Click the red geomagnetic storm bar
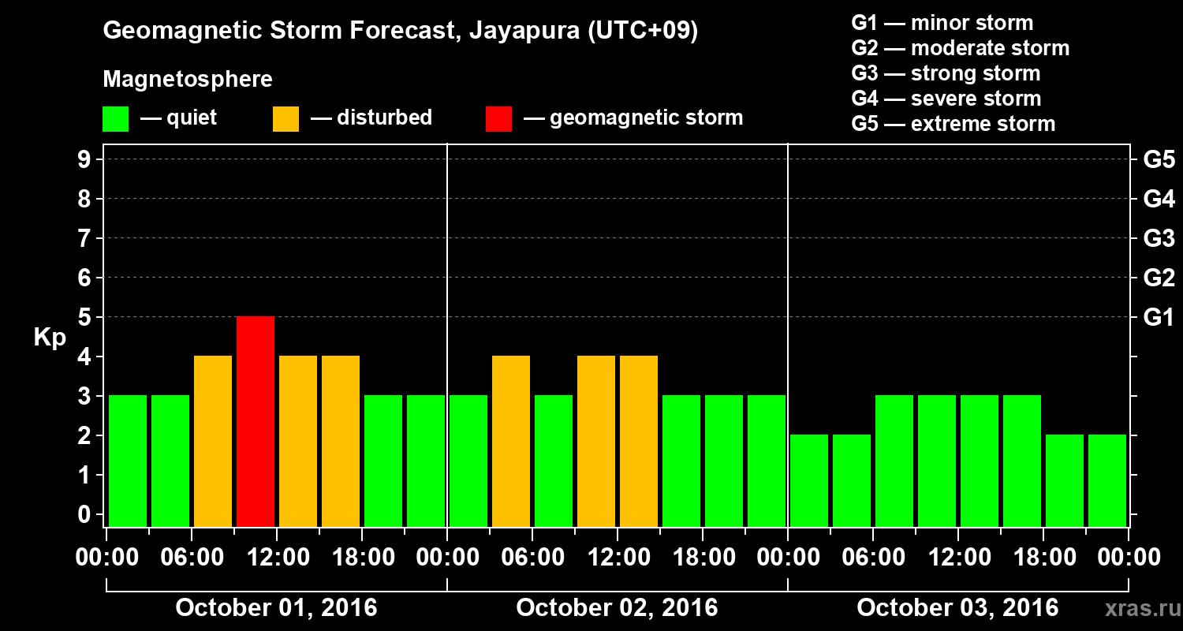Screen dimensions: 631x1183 click(x=256, y=421)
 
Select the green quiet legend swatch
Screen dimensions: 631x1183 click(x=115, y=119)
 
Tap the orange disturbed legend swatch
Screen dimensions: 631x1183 click(x=285, y=119)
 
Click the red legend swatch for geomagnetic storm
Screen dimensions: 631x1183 click(x=498, y=119)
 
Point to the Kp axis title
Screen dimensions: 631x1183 click(x=50, y=338)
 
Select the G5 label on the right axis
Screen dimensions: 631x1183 click(x=1159, y=160)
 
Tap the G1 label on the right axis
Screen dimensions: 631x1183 click(x=1159, y=318)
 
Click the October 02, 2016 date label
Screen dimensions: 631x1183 click(x=617, y=608)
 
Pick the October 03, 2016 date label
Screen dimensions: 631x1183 click(x=957, y=608)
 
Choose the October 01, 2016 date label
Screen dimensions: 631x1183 click(x=276, y=608)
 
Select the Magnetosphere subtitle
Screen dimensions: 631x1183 click(x=188, y=80)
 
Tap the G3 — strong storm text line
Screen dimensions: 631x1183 click(x=946, y=73)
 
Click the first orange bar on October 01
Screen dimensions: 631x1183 click(x=213, y=441)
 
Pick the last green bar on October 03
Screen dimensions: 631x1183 click(x=1107, y=480)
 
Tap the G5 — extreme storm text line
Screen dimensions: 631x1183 click(x=953, y=124)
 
